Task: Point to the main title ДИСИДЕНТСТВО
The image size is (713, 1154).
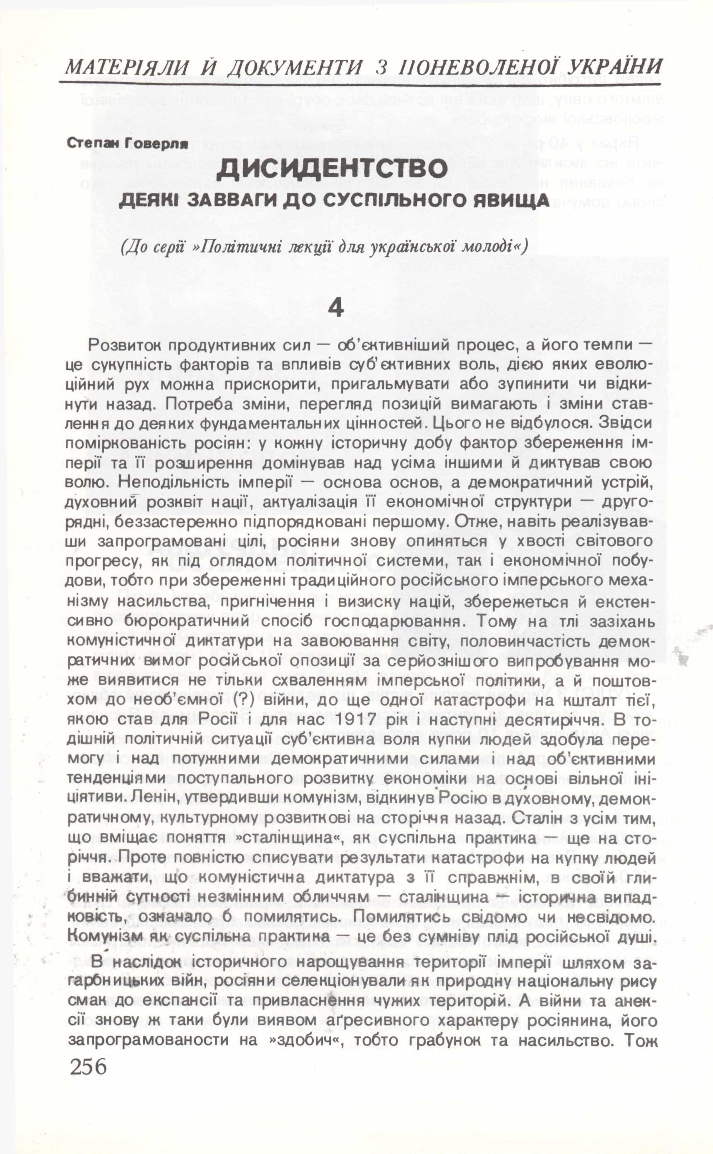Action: [x=332, y=169]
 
